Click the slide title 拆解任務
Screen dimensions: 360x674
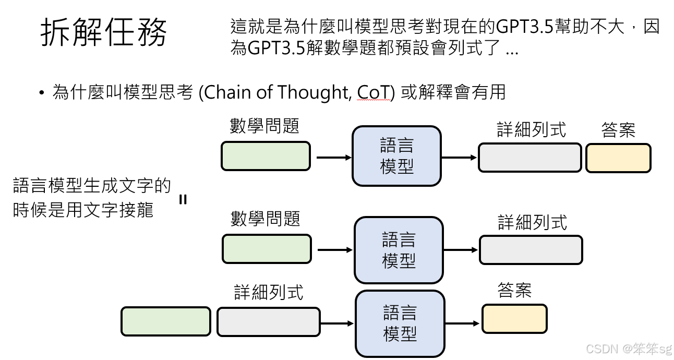click(104, 32)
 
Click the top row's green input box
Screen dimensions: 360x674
click(266, 156)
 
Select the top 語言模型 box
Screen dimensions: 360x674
click(396, 156)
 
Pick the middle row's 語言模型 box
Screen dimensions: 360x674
click(399, 250)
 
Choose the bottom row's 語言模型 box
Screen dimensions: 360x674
click(400, 323)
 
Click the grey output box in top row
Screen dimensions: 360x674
click(529, 158)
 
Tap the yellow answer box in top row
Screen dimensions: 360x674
click(618, 158)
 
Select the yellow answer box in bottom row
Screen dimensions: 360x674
click(514, 319)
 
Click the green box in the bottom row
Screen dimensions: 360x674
click(166, 321)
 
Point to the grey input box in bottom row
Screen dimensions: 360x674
click(268, 321)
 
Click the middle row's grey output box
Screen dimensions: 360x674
click(531, 250)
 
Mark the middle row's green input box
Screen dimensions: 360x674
click(267, 249)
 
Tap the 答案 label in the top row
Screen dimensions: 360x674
click(618, 130)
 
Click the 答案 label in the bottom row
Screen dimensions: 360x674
click(514, 291)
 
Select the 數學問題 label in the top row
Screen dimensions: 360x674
click(264, 126)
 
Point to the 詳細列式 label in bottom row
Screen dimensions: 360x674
click(268, 292)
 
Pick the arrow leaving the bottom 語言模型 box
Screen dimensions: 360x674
click(462, 323)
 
